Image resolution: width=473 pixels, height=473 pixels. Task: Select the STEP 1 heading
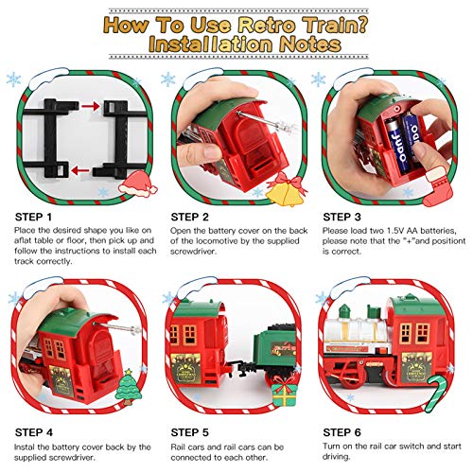(36, 216)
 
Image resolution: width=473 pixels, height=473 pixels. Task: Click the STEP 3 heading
(344, 216)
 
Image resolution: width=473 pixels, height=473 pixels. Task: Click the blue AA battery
(388, 132)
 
